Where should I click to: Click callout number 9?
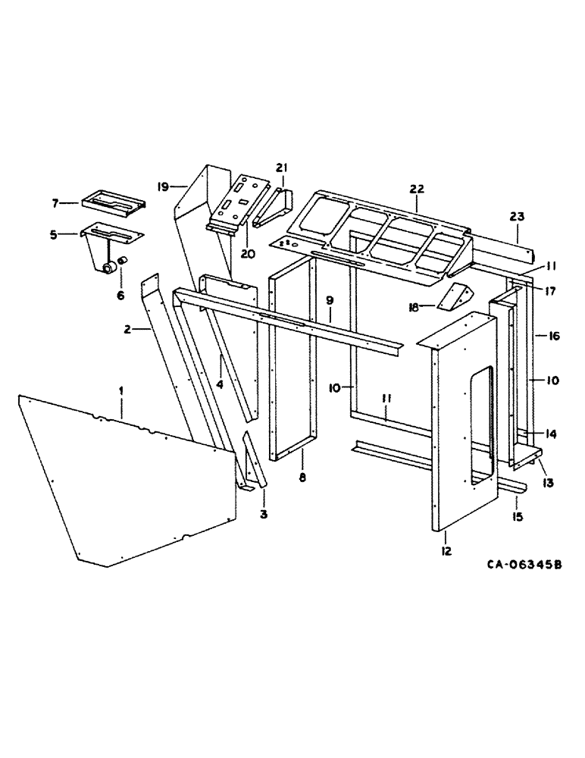330,300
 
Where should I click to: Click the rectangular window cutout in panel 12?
479,424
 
